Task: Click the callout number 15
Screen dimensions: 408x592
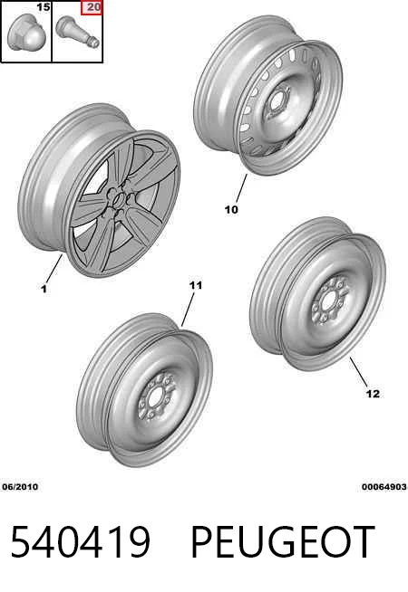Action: click(x=44, y=7)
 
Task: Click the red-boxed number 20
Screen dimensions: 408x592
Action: click(x=93, y=7)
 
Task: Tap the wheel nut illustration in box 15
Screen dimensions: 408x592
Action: click(x=23, y=33)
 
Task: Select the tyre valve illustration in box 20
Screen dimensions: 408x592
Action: click(x=77, y=32)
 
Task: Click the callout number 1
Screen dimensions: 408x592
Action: click(x=44, y=289)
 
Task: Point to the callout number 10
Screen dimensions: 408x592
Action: click(x=231, y=209)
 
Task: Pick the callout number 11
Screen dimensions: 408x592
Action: click(x=196, y=285)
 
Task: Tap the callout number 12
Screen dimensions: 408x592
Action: click(x=373, y=394)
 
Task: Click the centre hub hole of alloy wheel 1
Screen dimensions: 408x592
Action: click(x=120, y=199)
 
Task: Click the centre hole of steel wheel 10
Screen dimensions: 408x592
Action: click(x=276, y=101)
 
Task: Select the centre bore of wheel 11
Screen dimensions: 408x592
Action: click(x=155, y=397)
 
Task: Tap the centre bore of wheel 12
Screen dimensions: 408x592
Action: click(x=328, y=301)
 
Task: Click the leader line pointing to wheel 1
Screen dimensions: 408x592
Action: click(x=53, y=269)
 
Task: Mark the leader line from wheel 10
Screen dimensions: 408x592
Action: click(x=241, y=188)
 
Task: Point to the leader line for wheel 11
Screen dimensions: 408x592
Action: click(x=188, y=310)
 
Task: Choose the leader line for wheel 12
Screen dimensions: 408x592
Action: click(x=358, y=372)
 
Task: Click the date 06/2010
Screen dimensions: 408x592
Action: click(x=21, y=487)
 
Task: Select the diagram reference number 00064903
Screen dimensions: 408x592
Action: click(x=384, y=487)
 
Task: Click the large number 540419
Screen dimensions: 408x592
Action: click(x=80, y=542)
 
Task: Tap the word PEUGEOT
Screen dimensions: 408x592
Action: click(x=283, y=542)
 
